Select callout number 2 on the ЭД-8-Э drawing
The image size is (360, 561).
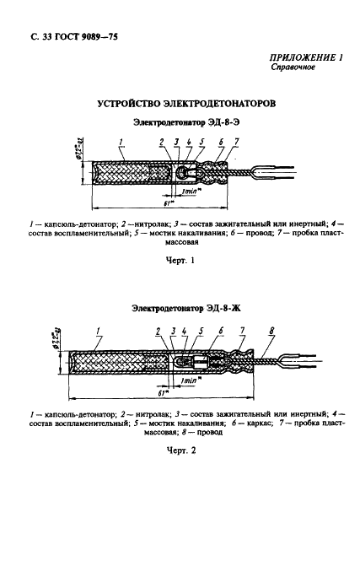160,141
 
